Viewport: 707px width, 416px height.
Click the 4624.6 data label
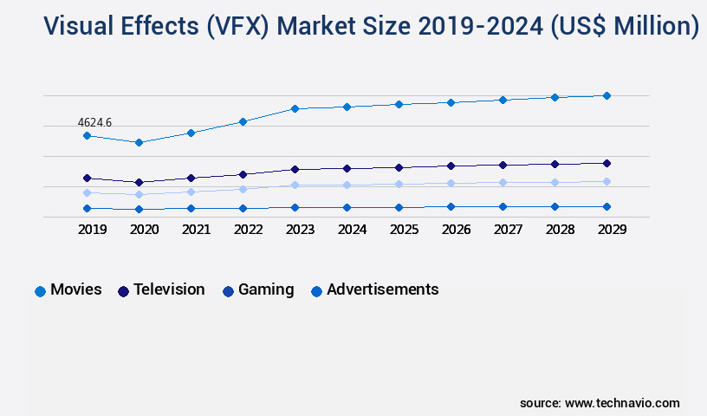(94, 123)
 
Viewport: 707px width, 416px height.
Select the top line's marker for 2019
(87, 135)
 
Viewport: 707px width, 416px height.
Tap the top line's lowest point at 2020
(139, 142)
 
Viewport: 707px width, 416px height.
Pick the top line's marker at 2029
(606, 95)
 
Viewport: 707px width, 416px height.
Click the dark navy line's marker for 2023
(295, 169)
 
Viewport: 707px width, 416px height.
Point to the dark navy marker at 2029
(606, 163)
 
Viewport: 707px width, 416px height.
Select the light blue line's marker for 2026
(451, 183)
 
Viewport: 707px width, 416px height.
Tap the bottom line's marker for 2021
(191, 208)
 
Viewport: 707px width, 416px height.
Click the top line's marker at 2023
(295, 108)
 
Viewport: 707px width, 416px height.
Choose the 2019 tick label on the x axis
(92, 230)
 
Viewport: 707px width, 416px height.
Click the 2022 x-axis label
(248, 230)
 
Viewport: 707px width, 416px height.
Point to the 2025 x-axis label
(404, 230)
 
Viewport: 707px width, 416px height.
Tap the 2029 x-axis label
(612, 230)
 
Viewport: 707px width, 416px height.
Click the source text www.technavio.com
(622, 403)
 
